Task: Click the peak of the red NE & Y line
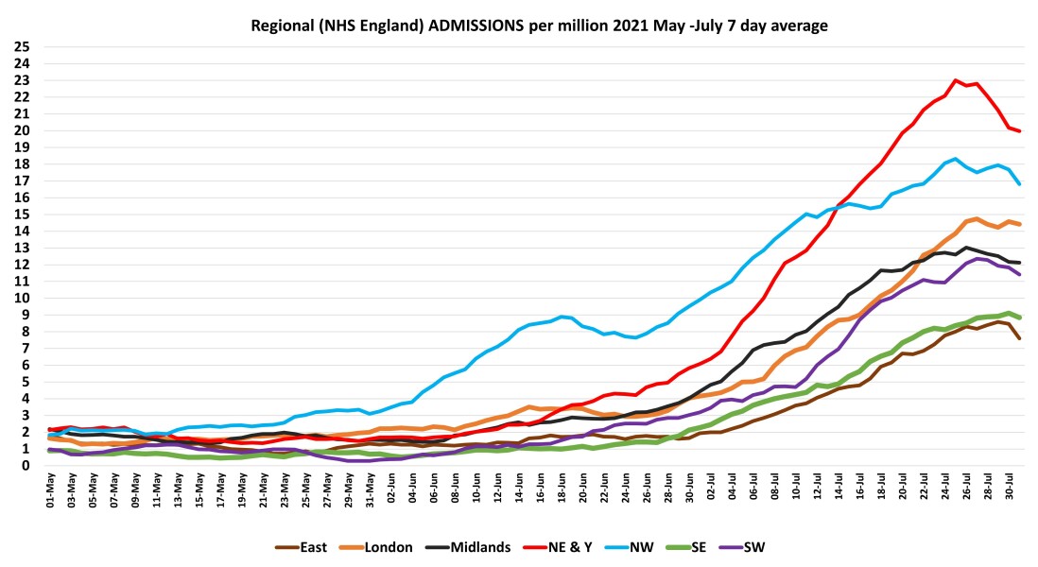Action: pyautogui.click(x=957, y=80)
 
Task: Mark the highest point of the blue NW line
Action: pyautogui.click(x=957, y=159)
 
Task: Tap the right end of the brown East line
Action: pyautogui.click(x=1020, y=337)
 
